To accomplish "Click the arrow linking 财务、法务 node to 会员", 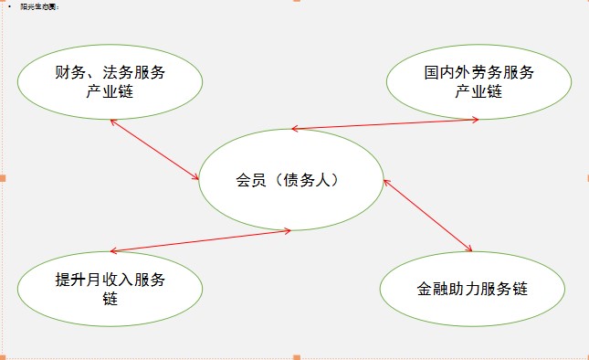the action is point(154,150).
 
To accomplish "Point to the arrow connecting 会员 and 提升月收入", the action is point(200,240).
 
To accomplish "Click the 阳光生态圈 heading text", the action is point(40,6).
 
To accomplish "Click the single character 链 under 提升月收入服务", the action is point(110,298).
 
